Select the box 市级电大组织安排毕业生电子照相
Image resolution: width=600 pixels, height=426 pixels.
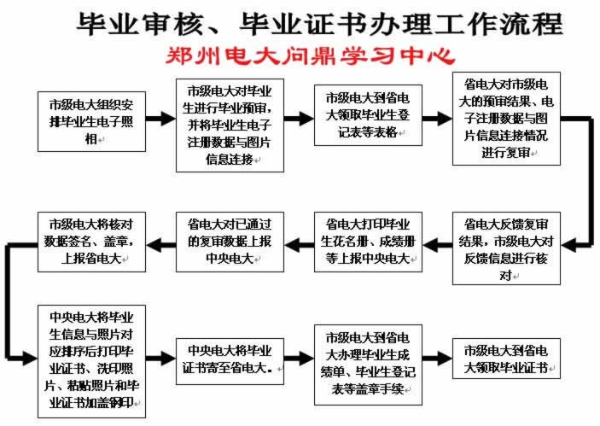coord(90,120)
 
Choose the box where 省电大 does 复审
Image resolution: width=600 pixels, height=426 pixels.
coord(507,119)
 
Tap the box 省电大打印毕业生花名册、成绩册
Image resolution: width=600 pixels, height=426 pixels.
coord(368,242)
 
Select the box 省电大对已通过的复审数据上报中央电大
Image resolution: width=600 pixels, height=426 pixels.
coord(230,242)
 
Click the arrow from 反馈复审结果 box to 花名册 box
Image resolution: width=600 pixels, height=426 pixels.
coord(437,243)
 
